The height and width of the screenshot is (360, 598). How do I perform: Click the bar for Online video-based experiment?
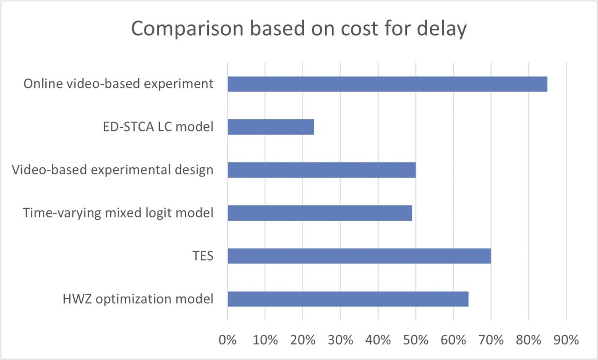387,84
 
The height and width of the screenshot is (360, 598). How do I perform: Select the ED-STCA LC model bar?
271,127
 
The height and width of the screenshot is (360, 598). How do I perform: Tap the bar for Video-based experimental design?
321,170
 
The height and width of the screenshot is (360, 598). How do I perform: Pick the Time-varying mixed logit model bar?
320,213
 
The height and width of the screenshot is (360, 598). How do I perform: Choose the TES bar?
359,256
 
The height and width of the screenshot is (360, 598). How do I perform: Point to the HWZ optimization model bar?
348,299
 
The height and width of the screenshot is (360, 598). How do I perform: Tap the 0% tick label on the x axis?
228,340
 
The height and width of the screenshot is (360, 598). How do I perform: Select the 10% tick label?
265,340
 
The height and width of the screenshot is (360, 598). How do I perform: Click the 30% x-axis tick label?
341,340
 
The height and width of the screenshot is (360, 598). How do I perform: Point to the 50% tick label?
416,340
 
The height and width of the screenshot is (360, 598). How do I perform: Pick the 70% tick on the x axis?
491,340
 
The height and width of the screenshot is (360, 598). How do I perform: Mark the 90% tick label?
566,340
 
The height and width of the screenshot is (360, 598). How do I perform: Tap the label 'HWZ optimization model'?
138,299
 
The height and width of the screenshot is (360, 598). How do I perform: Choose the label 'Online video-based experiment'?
118,84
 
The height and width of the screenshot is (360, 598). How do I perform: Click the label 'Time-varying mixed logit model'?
118,213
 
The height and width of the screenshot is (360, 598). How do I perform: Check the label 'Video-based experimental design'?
112,170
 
